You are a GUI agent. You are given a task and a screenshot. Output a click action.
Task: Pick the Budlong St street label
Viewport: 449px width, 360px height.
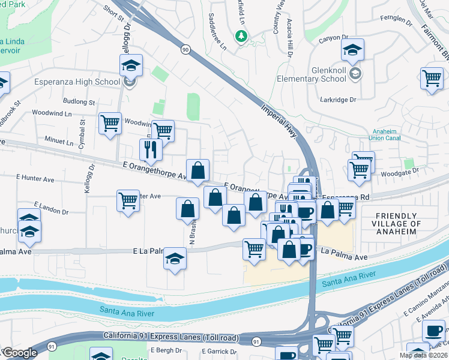pyautogui.click(x=79, y=102)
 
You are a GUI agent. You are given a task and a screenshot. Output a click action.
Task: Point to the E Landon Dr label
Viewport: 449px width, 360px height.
pyautogui.click(x=51, y=208)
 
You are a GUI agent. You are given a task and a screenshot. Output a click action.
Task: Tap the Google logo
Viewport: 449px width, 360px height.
pyautogui.click(x=19, y=353)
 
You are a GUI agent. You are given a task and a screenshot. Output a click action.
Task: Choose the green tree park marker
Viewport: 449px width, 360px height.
pyautogui.click(x=241, y=36)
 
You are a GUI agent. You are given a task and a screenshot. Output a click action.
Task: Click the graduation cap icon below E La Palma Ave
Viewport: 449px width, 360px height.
pyautogui.click(x=175, y=259)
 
